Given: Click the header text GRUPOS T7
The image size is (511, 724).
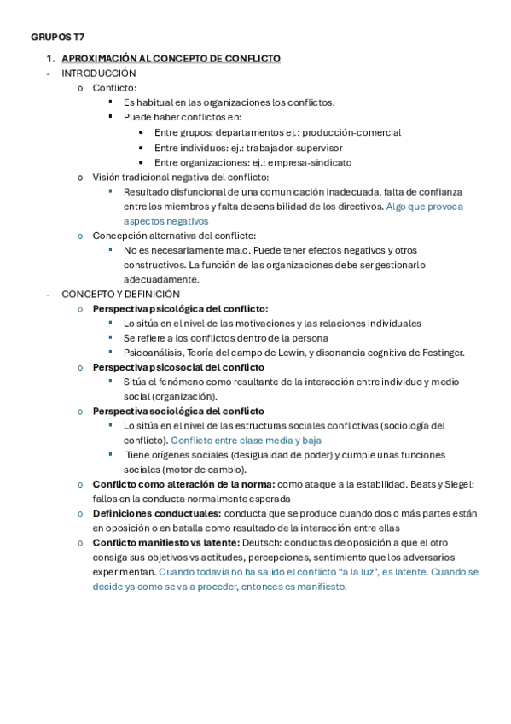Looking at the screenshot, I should (x=57, y=38).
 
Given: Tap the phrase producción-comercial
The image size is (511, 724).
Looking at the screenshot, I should (x=351, y=132).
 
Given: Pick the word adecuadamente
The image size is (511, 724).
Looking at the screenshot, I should (x=162, y=279).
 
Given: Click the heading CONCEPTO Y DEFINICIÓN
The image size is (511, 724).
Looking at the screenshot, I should (x=120, y=294).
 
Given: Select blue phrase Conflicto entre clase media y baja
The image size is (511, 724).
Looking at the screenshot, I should (x=246, y=441).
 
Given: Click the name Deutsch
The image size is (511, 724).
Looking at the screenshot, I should (x=261, y=543).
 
